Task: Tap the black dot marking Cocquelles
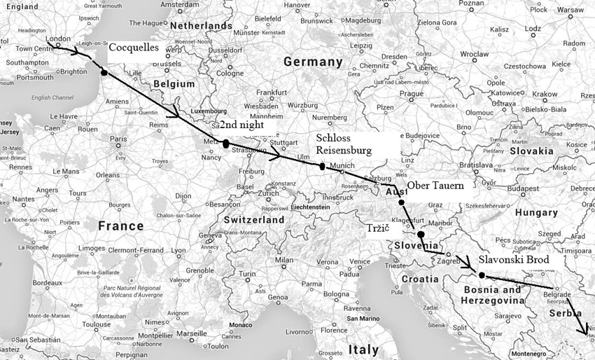pyautogui.click(x=104, y=72)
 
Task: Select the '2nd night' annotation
pyautogui.click(x=242, y=125)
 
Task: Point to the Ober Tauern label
pyautogui.click(x=436, y=186)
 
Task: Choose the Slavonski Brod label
pyautogui.click(x=513, y=258)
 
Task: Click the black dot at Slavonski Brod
pyautogui.click(x=482, y=275)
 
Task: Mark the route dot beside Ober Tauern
pyautogui.click(x=402, y=202)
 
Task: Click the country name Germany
pyautogui.click(x=313, y=62)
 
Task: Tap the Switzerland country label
pyautogui.click(x=253, y=219)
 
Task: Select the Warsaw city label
pyautogui.click(x=570, y=10)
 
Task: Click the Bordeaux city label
pyautogui.click(x=48, y=282)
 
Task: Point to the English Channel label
pyautogui.click(x=52, y=97)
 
